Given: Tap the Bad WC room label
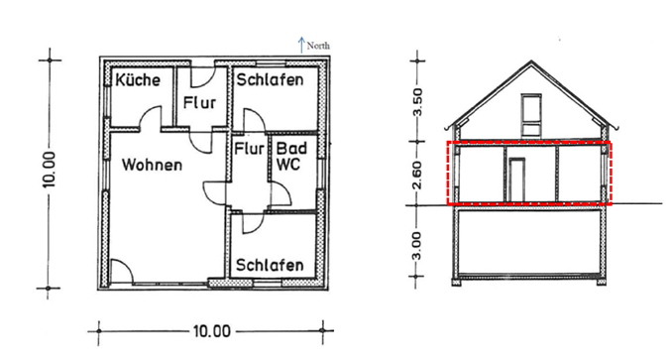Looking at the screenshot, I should pos(289,154).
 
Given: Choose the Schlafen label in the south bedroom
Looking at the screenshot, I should pos(269,265).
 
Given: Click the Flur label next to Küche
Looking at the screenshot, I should pos(202,100).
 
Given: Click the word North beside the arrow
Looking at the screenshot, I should pos(318,45).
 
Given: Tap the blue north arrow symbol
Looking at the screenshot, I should pos(300,44).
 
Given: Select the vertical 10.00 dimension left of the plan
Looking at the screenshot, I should pos(53,173).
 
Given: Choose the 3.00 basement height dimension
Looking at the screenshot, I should pos(417,245).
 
